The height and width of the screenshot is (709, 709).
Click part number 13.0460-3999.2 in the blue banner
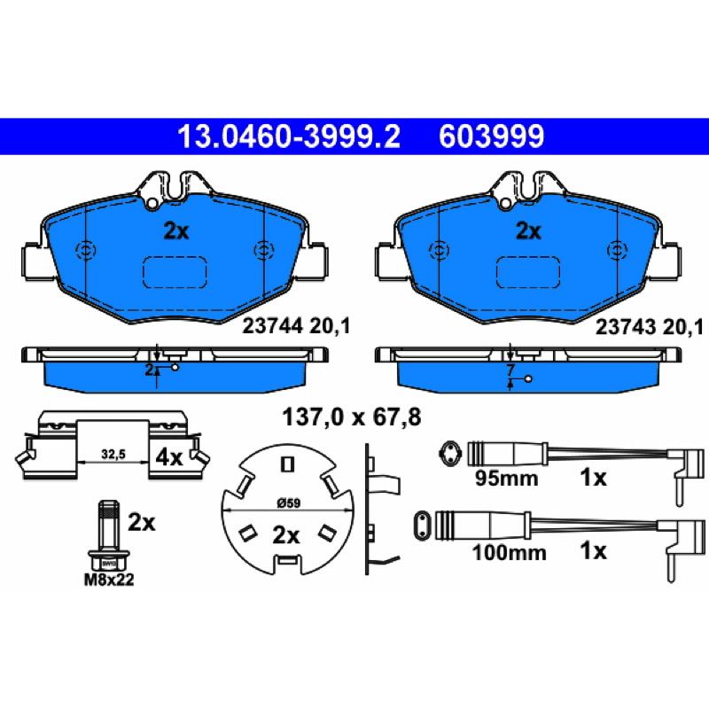pyautogui.click(x=289, y=136)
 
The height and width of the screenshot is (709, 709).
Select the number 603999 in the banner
pyautogui.click(x=491, y=136)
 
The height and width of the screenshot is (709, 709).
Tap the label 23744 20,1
pyautogui.click(x=296, y=326)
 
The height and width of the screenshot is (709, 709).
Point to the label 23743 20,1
pyautogui.click(x=650, y=327)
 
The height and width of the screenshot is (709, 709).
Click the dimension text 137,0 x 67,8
pyautogui.click(x=351, y=417)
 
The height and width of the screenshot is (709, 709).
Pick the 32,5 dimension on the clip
pyautogui.click(x=113, y=454)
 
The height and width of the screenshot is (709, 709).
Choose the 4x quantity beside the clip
pyautogui.click(x=168, y=457)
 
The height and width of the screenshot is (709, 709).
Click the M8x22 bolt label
pyautogui.click(x=109, y=580)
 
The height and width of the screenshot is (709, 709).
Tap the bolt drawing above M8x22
pyautogui.click(x=109, y=535)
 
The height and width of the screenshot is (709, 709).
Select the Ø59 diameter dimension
pyautogui.click(x=288, y=503)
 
